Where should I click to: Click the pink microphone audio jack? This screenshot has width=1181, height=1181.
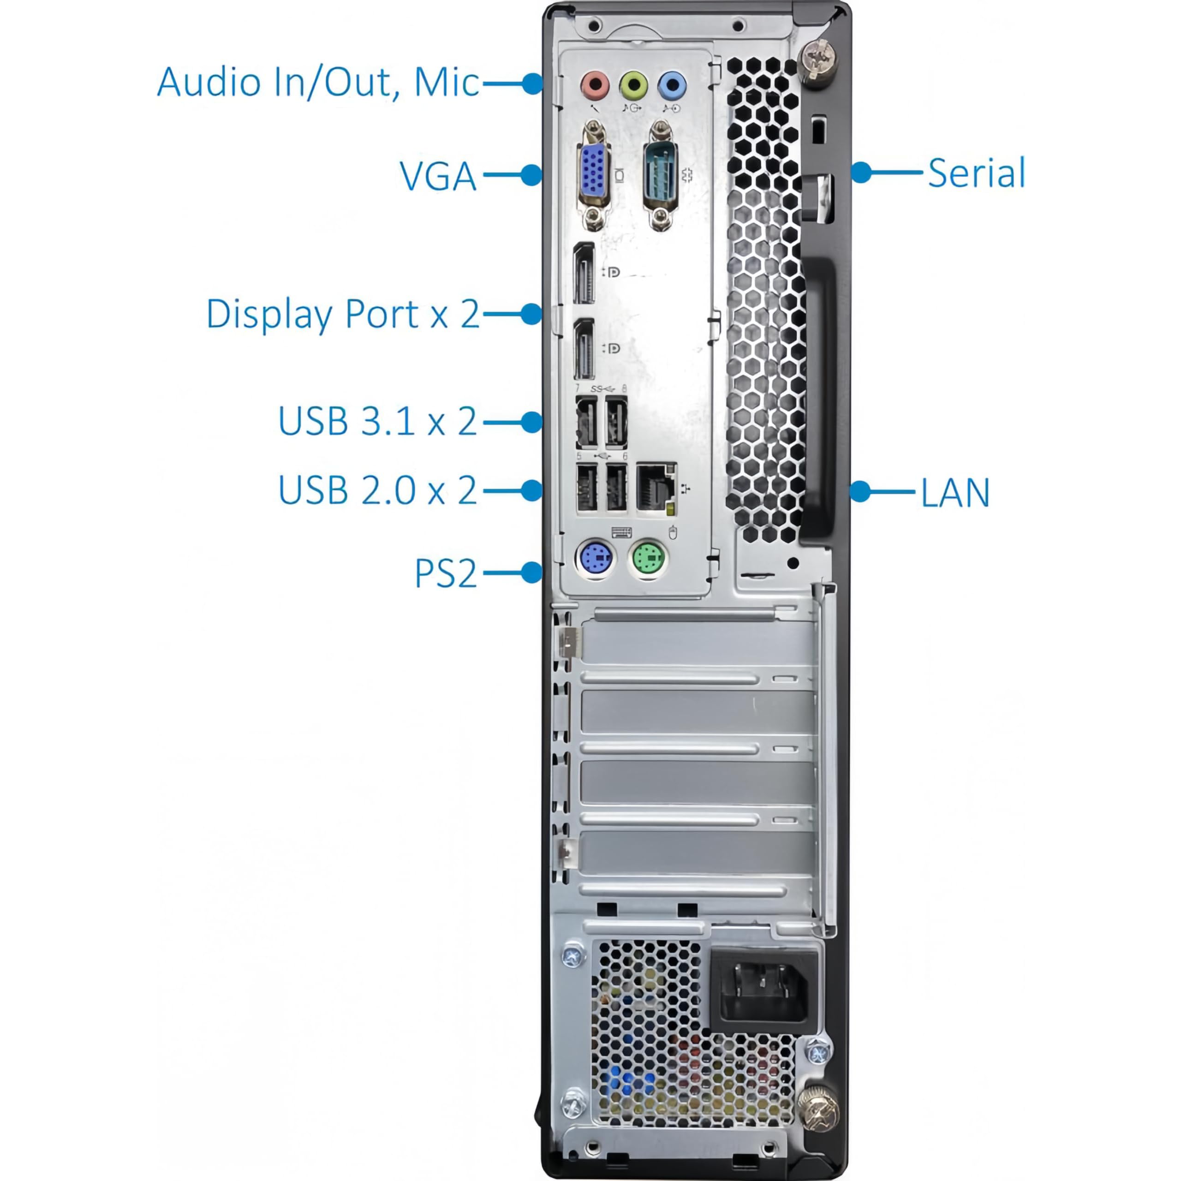(x=595, y=84)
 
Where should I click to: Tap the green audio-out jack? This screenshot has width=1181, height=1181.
(x=633, y=85)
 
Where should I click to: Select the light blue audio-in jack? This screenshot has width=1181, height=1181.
(x=672, y=85)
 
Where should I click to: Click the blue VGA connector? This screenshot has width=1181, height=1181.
(x=593, y=174)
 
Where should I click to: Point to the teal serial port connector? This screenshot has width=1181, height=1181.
(x=660, y=174)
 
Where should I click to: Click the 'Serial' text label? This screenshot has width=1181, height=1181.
(x=976, y=173)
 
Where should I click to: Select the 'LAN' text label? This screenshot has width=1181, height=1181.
(x=955, y=493)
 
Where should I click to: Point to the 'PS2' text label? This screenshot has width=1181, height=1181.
(x=445, y=573)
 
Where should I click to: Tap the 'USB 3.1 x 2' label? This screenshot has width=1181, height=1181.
(x=377, y=421)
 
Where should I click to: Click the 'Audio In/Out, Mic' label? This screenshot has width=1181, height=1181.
(x=318, y=83)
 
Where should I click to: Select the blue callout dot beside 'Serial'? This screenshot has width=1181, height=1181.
(x=861, y=173)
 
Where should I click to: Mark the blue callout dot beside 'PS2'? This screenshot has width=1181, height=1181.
(x=532, y=573)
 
